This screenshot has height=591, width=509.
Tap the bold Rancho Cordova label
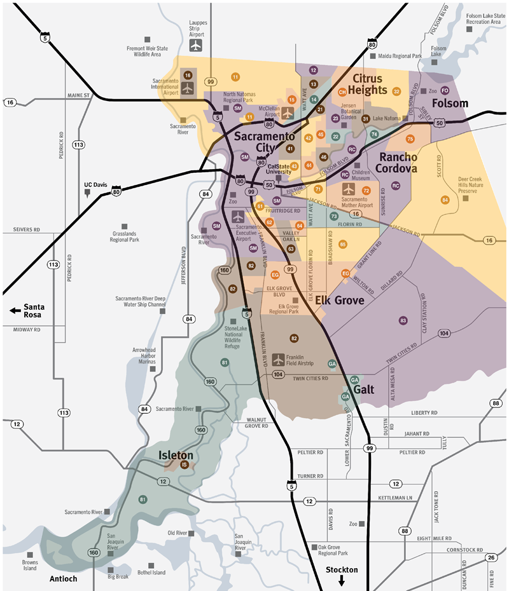click(398, 163)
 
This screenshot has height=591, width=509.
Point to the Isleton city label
click(176, 455)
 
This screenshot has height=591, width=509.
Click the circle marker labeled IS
click(185, 465)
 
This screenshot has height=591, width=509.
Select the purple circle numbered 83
click(403, 320)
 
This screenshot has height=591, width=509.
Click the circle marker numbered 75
click(410, 139)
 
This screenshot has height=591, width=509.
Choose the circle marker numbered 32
click(396, 92)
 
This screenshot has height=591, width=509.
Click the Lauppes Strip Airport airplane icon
click(196, 46)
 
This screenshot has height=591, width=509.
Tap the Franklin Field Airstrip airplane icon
click(277, 360)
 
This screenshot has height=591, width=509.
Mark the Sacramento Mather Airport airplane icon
click(348, 189)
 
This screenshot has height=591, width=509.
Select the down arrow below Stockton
click(342, 580)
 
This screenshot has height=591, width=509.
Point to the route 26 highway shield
click(491, 557)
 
